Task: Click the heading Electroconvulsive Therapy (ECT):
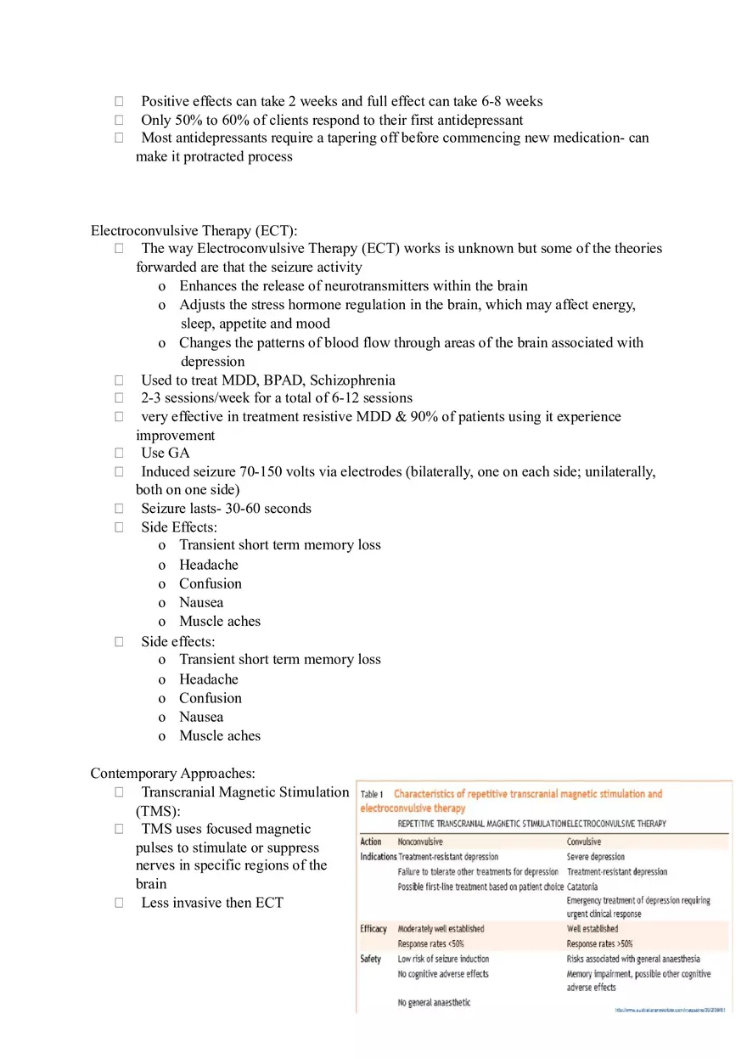(194, 230)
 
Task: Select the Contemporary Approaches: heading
(172, 773)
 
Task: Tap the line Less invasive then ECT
(212, 903)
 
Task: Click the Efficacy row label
(373, 929)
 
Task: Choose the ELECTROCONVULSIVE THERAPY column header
(616, 824)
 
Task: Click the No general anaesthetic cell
(435, 1003)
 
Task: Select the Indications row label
(379, 857)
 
